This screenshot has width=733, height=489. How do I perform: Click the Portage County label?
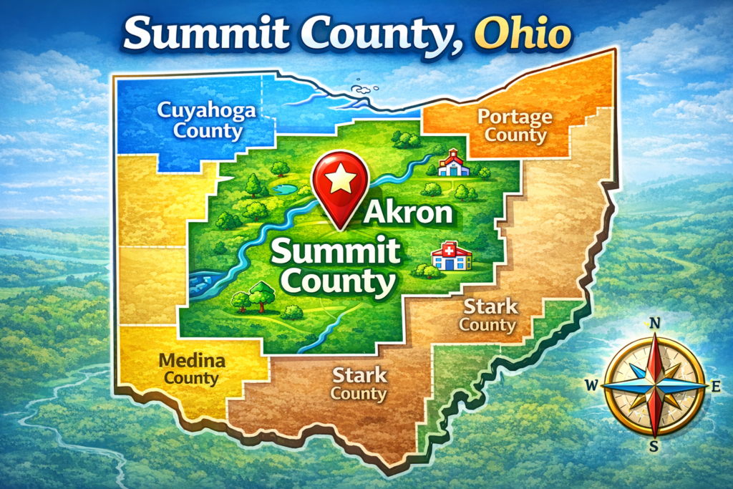click(515, 125)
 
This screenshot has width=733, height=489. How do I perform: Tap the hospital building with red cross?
click(452, 256)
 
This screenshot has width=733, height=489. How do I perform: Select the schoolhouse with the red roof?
click(454, 163)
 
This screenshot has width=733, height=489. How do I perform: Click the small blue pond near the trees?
click(284, 189)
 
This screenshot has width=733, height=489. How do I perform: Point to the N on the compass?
click(654, 323)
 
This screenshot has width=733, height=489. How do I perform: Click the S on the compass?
click(654, 446)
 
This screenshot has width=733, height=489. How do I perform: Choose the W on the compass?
click(592, 386)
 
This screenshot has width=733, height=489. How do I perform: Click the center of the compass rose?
click(654, 385)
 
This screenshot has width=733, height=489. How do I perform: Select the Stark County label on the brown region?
click(359, 384)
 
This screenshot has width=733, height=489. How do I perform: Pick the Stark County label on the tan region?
click(490, 316)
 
